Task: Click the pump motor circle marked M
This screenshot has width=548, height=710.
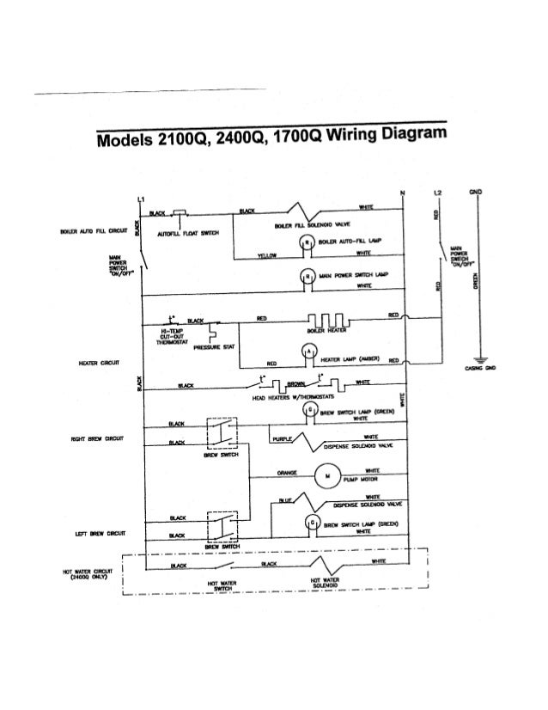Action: (327, 474)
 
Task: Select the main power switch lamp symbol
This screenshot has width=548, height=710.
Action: (304, 275)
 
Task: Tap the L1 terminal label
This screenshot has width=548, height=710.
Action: (139, 200)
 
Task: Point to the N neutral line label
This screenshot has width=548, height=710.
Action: (402, 190)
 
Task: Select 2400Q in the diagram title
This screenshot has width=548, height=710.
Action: (245, 140)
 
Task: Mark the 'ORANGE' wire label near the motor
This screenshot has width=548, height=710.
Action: (287, 471)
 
